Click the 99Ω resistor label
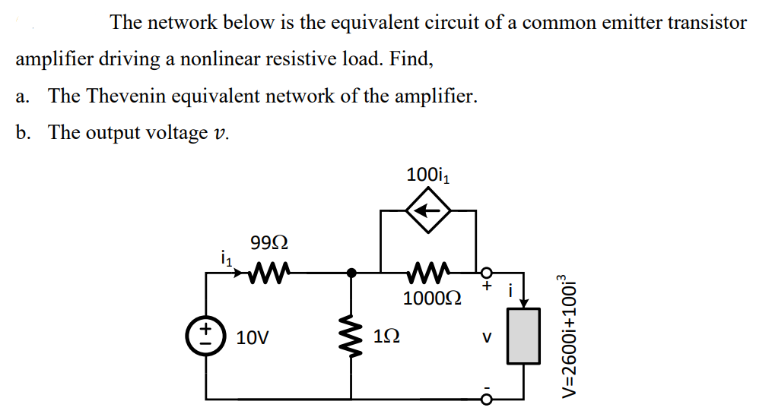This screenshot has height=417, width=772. pos(268,245)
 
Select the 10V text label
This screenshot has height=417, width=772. pos(252,337)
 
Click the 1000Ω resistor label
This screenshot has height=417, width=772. pos(427,299)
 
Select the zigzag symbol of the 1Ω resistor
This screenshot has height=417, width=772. pos(351,335)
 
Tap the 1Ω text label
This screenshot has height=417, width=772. pos(386,336)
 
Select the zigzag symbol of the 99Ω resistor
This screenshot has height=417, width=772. pos(268,271)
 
